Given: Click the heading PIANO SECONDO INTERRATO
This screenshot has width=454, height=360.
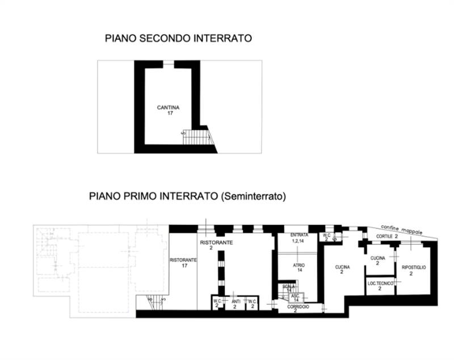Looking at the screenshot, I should [x=178, y=39].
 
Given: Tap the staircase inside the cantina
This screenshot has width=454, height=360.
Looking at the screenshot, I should [x=197, y=137].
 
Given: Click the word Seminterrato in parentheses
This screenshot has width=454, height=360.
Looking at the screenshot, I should [x=254, y=197].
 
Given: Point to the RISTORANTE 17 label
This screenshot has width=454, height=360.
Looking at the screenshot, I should [x=183, y=262].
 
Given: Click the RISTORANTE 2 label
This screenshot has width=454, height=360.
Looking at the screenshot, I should [x=216, y=244].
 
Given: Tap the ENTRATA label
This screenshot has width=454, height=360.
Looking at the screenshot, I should [x=299, y=235].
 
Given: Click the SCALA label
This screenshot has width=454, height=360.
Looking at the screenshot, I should [x=289, y=287].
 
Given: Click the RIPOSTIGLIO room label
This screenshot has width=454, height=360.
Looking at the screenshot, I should [x=414, y=267].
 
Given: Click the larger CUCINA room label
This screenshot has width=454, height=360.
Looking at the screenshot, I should [x=342, y=269].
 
